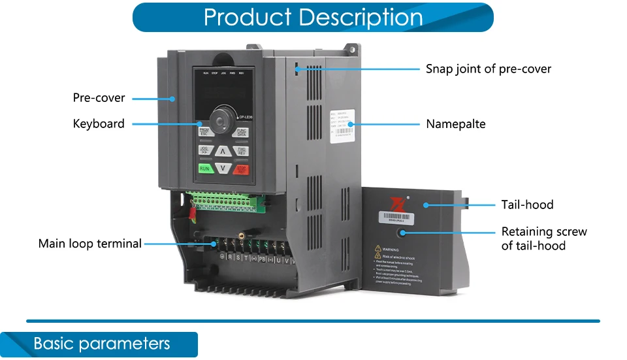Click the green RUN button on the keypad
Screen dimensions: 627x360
tap(206, 169)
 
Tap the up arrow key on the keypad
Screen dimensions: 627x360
tap(223, 152)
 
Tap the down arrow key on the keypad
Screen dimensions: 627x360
tap(223, 169)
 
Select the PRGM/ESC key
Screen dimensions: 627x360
tap(204, 132)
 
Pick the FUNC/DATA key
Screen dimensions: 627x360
tap(242, 132)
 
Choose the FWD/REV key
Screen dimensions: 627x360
tap(242, 151)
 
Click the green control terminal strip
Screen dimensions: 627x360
tap(225, 199)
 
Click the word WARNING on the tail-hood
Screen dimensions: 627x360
tap(391, 250)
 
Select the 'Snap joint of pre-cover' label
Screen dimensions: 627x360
tap(489, 69)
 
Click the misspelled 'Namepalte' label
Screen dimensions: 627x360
tap(456, 123)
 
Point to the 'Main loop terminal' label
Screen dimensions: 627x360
tap(90, 244)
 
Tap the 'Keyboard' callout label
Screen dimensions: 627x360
tap(99, 123)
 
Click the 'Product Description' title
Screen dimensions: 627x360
tap(313, 17)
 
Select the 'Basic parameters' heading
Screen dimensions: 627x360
tap(101, 344)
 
